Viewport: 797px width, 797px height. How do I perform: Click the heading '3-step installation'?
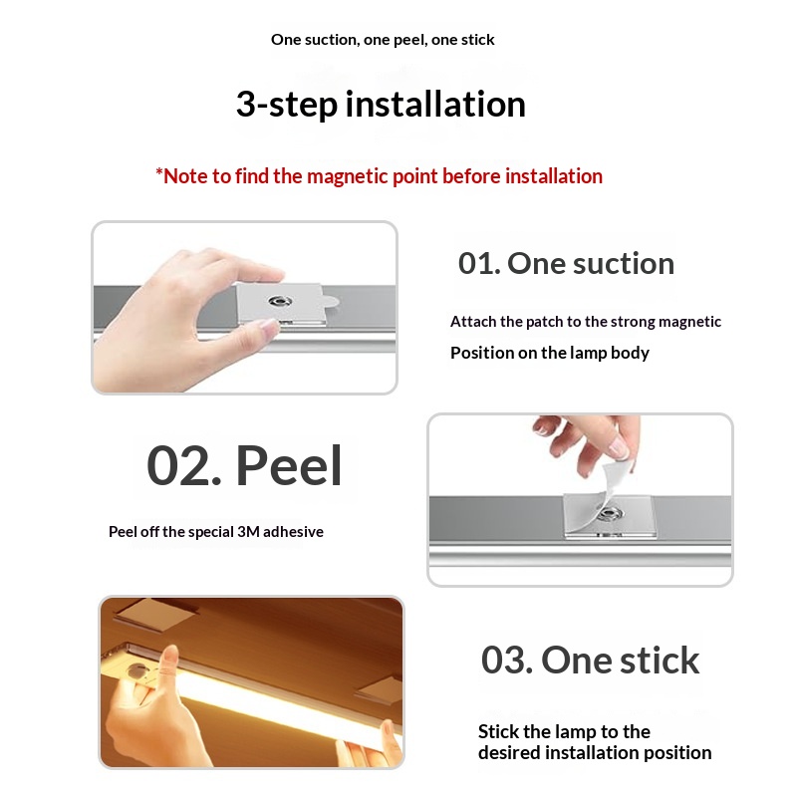coord(381,105)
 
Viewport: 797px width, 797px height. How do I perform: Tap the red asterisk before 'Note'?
coord(159,172)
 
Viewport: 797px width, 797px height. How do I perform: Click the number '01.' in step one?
coord(479,263)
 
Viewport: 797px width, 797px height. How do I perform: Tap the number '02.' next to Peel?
coord(183,466)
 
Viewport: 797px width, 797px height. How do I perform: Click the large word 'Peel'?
coord(289,465)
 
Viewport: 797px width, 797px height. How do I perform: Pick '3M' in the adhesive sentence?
coord(248,532)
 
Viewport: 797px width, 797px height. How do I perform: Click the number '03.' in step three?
coord(506,660)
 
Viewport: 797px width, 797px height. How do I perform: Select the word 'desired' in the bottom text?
coord(508,753)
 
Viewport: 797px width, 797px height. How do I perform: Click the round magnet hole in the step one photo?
coord(280,302)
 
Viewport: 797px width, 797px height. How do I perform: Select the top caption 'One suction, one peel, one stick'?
coord(383,40)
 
